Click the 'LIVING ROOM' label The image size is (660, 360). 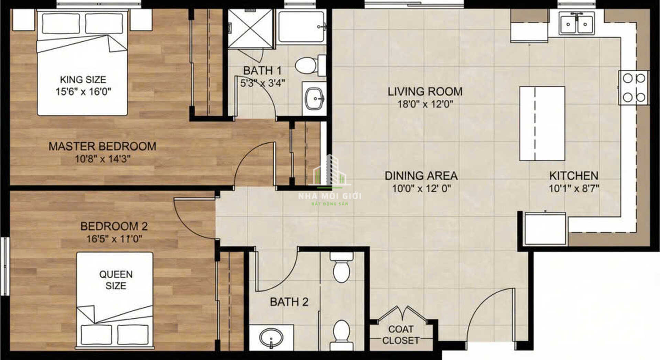pyautogui.click(x=425, y=91)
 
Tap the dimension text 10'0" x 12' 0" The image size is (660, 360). pyautogui.click(x=421, y=188)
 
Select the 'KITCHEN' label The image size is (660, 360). pyautogui.click(x=574, y=176)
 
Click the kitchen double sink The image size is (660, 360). pyautogui.click(x=576, y=23)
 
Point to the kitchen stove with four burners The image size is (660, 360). pyautogui.click(x=634, y=88)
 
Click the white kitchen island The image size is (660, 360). pyautogui.click(x=542, y=124)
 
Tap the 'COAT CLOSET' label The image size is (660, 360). pyautogui.click(x=401, y=335)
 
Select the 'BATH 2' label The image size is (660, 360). pyautogui.click(x=289, y=302)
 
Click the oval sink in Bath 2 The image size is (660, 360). pyautogui.click(x=271, y=338)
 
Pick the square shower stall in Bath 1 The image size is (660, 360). pyautogui.click(x=250, y=29)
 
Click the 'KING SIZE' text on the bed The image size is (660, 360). pyautogui.click(x=83, y=80)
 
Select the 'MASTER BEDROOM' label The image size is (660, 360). pyautogui.click(x=102, y=146)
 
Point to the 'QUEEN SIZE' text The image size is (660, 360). pyautogui.click(x=116, y=280)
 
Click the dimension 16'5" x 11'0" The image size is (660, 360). pyautogui.click(x=114, y=238)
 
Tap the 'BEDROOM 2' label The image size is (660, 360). pyautogui.click(x=114, y=226)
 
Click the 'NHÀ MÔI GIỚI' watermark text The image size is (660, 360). pyautogui.click(x=330, y=196)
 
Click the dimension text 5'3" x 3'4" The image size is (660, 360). pyautogui.click(x=263, y=83)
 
